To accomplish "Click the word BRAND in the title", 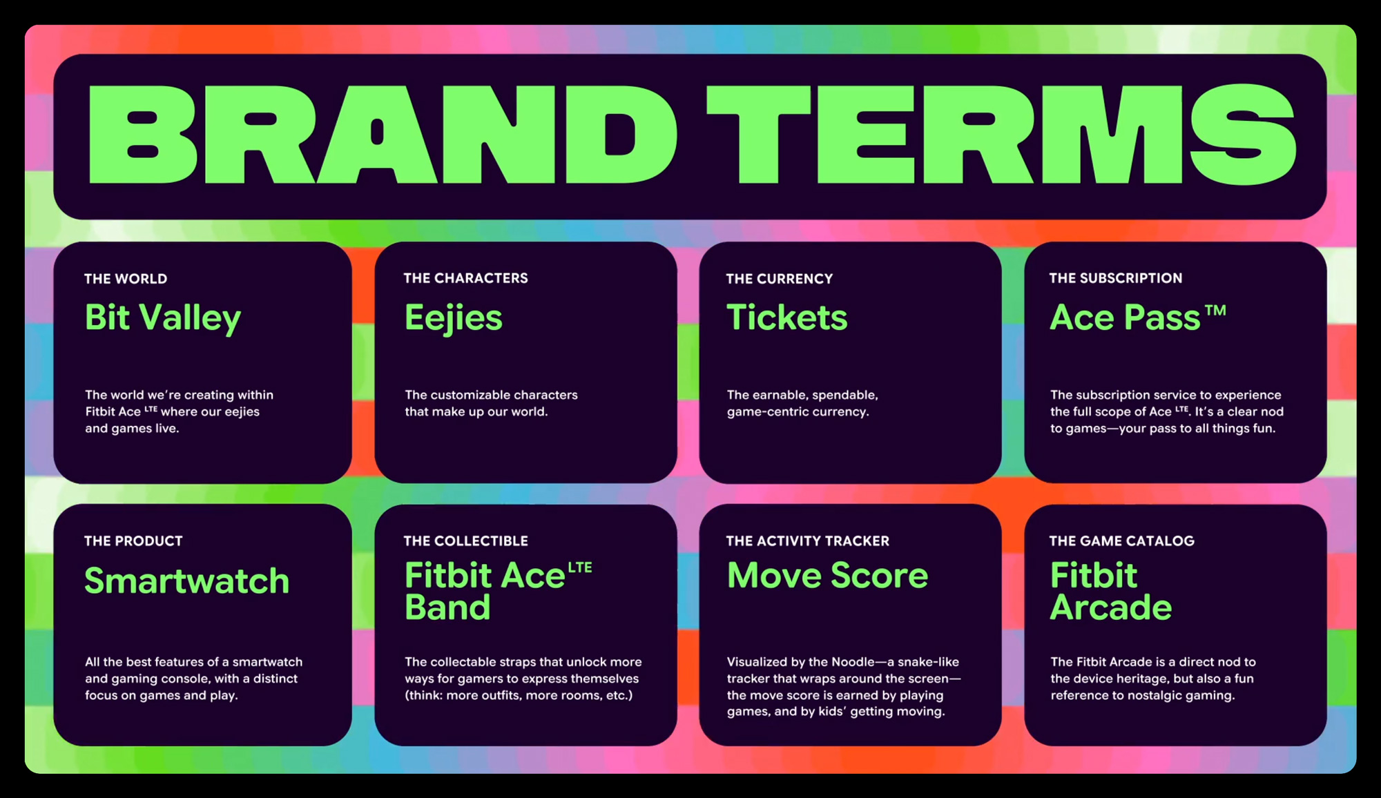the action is (x=383, y=135).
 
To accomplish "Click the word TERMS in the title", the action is (x=1001, y=135).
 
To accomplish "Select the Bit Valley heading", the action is (x=163, y=319).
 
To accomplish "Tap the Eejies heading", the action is (x=454, y=319).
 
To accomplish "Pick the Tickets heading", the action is (x=787, y=318).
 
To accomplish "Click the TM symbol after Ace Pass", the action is (x=1216, y=311).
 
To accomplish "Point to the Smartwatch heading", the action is (x=187, y=581).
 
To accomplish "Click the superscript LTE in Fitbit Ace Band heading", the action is (x=580, y=567).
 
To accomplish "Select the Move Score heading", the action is (x=828, y=575).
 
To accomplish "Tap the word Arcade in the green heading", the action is (x=1111, y=607).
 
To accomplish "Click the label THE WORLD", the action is (x=126, y=279).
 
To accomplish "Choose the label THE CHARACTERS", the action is (x=466, y=278).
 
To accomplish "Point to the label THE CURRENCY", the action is (x=780, y=279).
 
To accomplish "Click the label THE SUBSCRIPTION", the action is (x=1116, y=278).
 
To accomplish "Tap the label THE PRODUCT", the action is (x=133, y=541).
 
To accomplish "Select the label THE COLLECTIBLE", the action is (x=466, y=541).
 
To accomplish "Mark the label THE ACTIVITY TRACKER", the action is (x=808, y=541).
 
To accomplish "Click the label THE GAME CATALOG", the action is (x=1122, y=541).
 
